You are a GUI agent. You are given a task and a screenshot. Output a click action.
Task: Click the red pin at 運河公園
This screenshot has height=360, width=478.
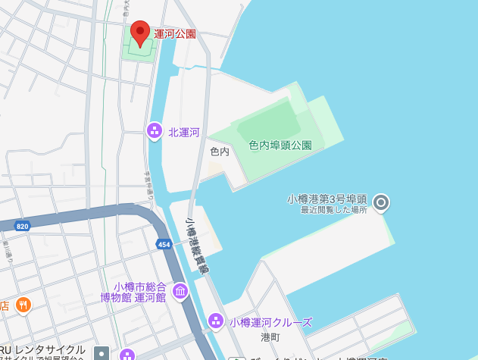pos(140,33)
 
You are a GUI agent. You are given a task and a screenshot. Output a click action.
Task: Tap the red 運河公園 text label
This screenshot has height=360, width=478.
pos(175,33)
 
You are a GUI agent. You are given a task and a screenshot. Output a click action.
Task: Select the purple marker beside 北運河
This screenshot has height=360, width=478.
pos(155,131)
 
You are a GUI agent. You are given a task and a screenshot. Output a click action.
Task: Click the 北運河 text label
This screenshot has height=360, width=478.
pos(184,132)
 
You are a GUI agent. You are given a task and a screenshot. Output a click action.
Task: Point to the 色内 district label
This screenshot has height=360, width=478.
pos(220,152)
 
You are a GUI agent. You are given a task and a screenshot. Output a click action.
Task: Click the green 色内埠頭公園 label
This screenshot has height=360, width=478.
pos(280,145)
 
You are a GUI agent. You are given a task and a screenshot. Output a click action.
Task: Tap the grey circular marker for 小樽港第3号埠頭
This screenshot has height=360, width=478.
pos(382,202)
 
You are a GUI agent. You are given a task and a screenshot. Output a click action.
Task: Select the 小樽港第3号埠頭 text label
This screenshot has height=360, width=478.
pos(326,199)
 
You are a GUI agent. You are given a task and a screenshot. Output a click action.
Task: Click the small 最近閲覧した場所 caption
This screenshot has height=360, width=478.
pos(333,210)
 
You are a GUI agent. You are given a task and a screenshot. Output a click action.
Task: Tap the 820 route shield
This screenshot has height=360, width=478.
pos(22,226)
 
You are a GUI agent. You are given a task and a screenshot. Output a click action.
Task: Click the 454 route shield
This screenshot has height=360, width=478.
pos(164,244)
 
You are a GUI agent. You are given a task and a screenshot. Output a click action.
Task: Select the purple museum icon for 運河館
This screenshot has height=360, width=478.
pos(180,291)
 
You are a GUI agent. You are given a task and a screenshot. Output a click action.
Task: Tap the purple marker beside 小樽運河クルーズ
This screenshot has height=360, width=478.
pos(216,321)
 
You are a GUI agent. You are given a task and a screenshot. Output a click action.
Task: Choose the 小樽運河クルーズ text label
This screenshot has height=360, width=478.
pos(270,322)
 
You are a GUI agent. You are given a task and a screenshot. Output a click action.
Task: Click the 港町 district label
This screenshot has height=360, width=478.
pos(270,337)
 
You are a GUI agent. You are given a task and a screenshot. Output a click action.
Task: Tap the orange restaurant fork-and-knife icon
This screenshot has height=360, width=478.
pos(23,305)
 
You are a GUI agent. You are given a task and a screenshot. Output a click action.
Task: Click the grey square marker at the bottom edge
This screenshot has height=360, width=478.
pos(101,353)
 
